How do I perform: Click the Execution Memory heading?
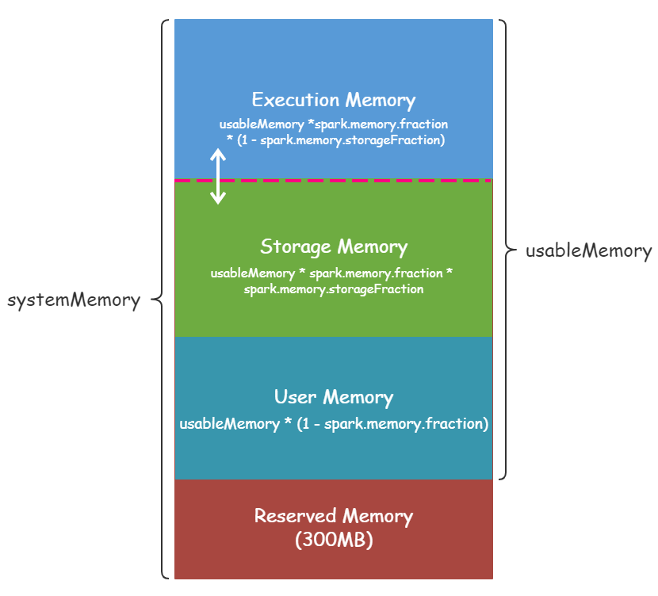click(x=333, y=100)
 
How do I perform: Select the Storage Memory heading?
click(x=333, y=246)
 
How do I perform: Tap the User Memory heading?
click(x=333, y=397)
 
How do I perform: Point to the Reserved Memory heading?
click(x=333, y=516)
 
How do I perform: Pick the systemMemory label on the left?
click(x=73, y=300)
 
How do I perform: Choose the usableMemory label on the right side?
click(x=588, y=250)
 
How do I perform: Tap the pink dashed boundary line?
click(x=357, y=181)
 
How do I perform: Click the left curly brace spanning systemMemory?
click(x=160, y=300)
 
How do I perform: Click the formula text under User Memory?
click(x=333, y=423)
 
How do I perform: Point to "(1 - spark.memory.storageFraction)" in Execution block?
click(x=341, y=140)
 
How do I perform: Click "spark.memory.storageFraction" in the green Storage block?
click(x=333, y=289)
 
